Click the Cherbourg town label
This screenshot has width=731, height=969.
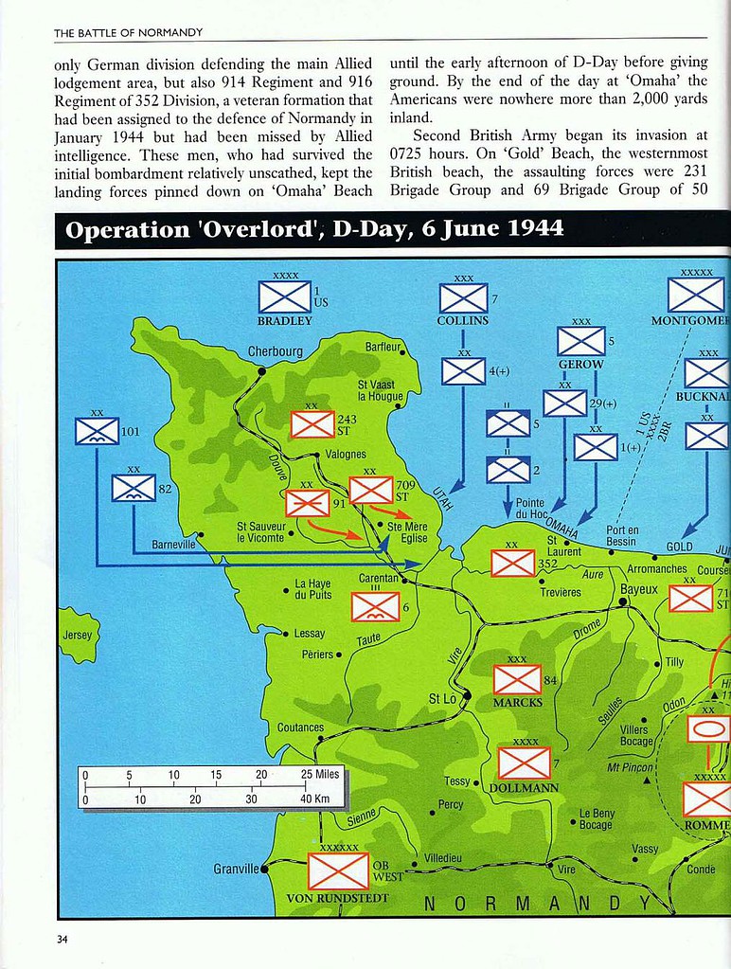tap(276, 351)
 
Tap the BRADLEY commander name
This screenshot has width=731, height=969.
tap(284, 321)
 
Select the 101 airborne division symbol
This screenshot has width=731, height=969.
tap(97, 432)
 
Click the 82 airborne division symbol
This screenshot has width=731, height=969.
tap(134, 488)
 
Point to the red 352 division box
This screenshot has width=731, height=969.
tap(513, 564)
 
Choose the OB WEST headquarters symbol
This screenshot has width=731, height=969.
tap(338, 871)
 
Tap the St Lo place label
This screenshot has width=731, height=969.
tap(442, 699)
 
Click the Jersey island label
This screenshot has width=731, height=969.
tap(78, 635)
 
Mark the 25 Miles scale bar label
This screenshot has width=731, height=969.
tap(320, 774)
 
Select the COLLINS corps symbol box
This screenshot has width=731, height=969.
tap(464, 298)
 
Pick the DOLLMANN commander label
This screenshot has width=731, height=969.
tap(525, 788)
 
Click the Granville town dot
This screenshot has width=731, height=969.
tap(265, 867)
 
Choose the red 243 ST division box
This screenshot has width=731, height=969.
tap(312, 423)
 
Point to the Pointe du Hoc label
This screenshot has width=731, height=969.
tap(530, 510)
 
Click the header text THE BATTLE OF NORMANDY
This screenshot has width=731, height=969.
tap(128, 32)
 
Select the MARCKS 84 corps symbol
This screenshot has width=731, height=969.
tap(518, 679)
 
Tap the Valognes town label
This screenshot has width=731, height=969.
tap(346, 455)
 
